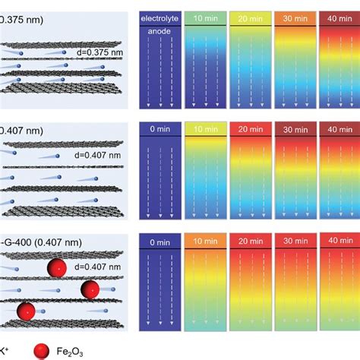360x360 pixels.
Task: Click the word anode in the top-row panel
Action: (158, 31)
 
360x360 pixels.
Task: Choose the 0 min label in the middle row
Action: (158, 130)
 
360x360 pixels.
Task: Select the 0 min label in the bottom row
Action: (158, 242)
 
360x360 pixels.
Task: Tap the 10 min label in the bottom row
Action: (204, 242)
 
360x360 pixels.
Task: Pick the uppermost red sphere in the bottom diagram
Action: (55, 269)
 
